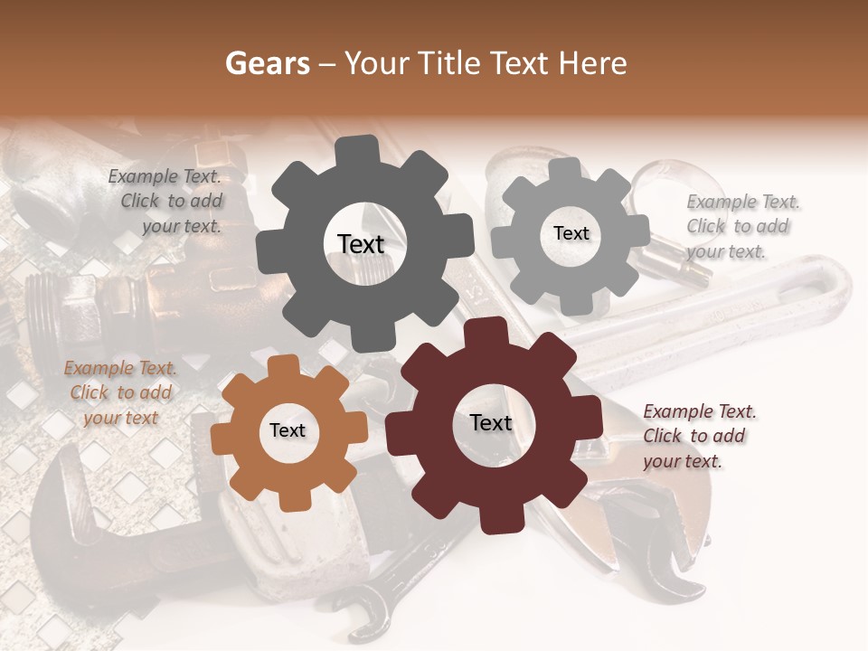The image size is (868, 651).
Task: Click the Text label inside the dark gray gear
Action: (x=361, y=244)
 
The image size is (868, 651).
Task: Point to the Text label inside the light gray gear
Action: (x=571, y=233)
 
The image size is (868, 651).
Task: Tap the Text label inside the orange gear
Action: (x=288, y=430)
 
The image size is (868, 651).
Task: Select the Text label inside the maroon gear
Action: (x=491, y=423)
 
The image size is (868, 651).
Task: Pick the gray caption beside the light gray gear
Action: (x=743, y=226)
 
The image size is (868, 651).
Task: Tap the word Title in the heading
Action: (x=451, y=63)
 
